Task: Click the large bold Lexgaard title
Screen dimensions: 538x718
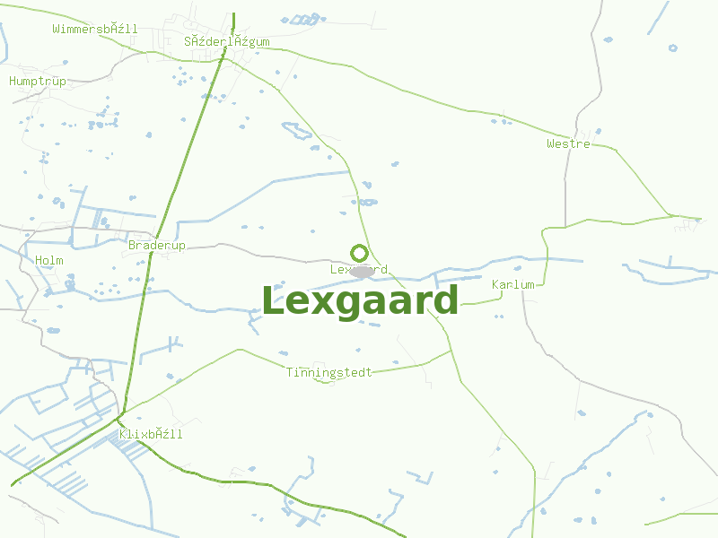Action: pos(360,300)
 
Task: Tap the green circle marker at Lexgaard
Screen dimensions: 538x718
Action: pos(359,253)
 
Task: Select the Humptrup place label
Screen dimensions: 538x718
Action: pos(38,82)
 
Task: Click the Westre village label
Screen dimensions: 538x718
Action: pos(568,143)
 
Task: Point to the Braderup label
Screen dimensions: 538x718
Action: pos(157,246)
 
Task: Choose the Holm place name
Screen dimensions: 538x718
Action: pos(49,261)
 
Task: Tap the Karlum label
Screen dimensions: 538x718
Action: pos(513,285)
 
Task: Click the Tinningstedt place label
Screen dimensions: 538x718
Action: pos(329,373)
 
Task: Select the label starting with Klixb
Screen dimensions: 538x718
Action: pos(151,435)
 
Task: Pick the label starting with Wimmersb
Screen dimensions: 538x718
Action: pos(95,30)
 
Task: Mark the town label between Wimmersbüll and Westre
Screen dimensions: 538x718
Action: pos(226,42)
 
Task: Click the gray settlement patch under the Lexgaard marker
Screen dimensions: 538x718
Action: pos(362,271)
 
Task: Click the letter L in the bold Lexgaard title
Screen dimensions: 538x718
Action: pos(271,300)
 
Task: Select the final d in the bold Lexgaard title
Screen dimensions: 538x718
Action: pos(446,300)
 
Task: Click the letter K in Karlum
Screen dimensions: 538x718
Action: pos(496,285)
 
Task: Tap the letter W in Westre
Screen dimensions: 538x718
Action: pos(551,143)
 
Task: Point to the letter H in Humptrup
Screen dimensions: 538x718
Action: pos(13,82)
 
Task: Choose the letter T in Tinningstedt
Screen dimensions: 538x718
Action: pos(290,373)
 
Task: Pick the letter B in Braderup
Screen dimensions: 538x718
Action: pos(133,246)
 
